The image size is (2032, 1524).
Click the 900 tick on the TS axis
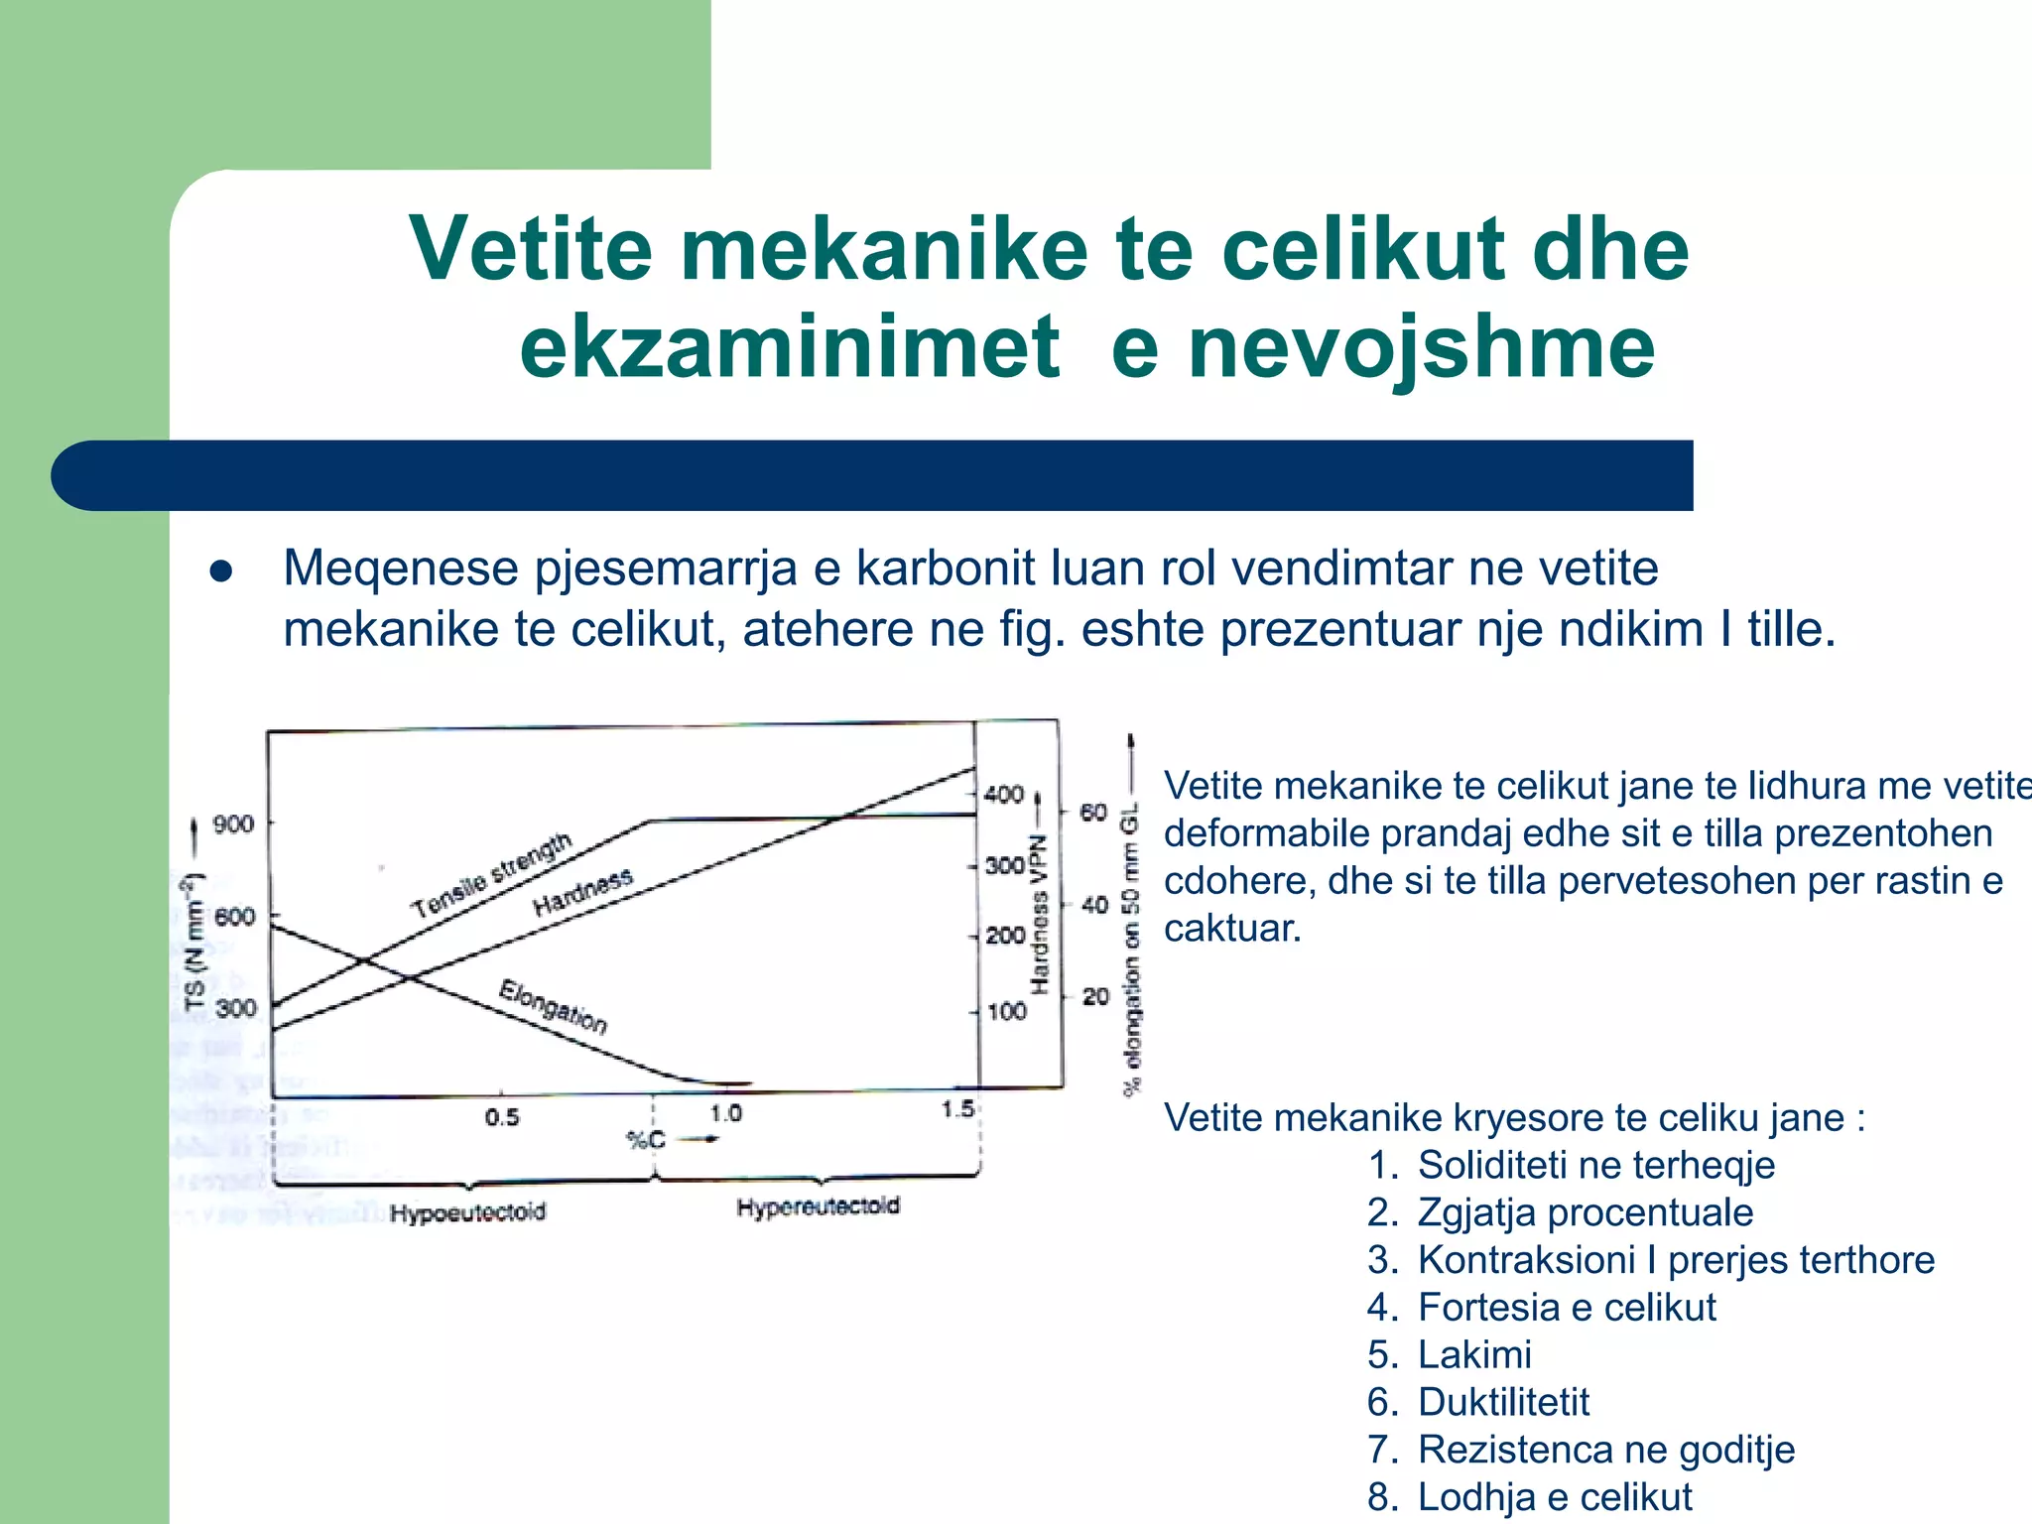coord(234,825)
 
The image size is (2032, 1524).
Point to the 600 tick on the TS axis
coord(234,917)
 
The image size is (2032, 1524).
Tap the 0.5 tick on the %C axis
coord(502,1118)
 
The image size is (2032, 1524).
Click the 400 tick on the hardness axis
coord(1003,795)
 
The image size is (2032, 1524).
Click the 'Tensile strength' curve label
coord(492,876)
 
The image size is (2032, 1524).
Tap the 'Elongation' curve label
coord(553,1006)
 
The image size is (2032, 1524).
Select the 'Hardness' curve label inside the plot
coord(582,892)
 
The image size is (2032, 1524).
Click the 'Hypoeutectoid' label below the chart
coord(467,1213)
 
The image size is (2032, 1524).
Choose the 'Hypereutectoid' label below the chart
coord(818,1207)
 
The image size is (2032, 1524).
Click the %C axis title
coord(646,1140)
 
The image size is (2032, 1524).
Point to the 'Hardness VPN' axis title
coord(1039,914)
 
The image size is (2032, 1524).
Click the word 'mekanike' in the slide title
coord(884,249)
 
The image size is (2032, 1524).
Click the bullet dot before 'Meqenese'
coord(221,571)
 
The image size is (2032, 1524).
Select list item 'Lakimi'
coord(1474,1354)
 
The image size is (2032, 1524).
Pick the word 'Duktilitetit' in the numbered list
coord(1503,1402)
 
